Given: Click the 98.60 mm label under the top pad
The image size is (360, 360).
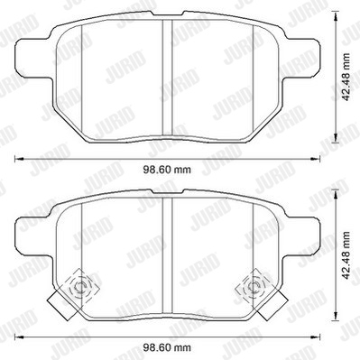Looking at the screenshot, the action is pos(167,170).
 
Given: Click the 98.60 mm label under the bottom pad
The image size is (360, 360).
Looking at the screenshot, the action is pos(167,348).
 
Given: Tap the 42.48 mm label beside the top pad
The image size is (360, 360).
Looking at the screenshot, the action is pos(346,78).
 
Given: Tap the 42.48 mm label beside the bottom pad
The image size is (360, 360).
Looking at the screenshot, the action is pos(346,255).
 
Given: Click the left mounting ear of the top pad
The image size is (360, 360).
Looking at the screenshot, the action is pos(33,59).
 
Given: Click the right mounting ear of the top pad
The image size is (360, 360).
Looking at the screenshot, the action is pos(300,59).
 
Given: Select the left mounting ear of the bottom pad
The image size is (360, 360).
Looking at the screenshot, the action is pos(33,237).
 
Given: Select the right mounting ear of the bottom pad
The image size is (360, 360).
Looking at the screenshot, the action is pos(300,237).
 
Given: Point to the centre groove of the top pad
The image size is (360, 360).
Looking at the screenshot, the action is pos(167,78).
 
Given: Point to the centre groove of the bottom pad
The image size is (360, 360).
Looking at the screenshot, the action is pos(167,255).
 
